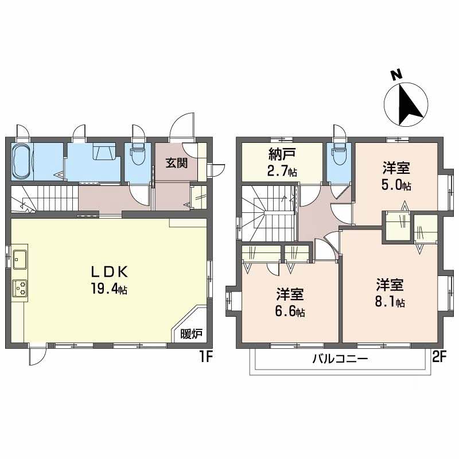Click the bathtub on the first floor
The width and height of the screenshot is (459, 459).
[x=21, y=161]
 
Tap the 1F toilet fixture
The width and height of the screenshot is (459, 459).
[x=137, y=154]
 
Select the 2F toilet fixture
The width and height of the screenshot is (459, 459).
[x=338, y=154]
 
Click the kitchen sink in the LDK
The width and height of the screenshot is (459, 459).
[x=20, y=259]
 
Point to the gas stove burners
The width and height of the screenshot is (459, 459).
[x=20, y=288]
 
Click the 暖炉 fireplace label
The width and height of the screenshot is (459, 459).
[x=191, y=334]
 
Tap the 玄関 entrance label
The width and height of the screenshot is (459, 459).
[x=177, y=163]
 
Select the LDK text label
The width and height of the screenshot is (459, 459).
[x=109, y=272]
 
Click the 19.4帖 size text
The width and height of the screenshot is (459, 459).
[x=109, y=289]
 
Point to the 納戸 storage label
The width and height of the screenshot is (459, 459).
[x=282, y=154]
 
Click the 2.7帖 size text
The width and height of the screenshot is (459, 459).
[x=282, y=171]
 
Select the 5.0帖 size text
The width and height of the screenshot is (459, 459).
[x=396, y=185]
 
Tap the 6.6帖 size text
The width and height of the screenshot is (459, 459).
[x=290, y=312]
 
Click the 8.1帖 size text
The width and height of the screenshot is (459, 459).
[x=390, y=302]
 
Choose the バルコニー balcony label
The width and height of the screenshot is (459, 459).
[x=340, y=359]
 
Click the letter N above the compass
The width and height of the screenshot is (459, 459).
[x=396, y=75]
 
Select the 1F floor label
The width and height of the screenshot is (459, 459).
[x=206, y=356]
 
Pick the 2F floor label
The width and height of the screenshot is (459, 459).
[x=438, y=356]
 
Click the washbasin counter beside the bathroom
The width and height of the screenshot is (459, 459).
[x=104, y=151]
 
